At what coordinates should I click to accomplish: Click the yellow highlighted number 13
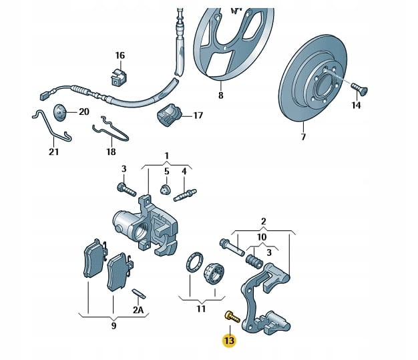coord(230,341)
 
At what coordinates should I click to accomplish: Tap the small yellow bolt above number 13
coord(230,316)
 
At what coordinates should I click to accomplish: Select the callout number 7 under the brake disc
coord(303,138)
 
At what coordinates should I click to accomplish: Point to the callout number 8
coord(220,96)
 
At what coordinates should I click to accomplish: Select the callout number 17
coord(198,116)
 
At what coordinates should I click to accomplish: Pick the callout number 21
coord(53,152)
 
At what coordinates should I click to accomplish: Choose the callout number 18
coord(111,152)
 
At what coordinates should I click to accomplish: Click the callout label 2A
coord(138,310)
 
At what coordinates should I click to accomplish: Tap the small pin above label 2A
coord(139,293)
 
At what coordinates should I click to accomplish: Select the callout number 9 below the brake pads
coord(114,326)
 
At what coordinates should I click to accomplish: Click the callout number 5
coord(166,171)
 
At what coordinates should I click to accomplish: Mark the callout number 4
coord(184,171)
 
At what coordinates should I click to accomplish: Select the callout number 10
coord(262,237)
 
